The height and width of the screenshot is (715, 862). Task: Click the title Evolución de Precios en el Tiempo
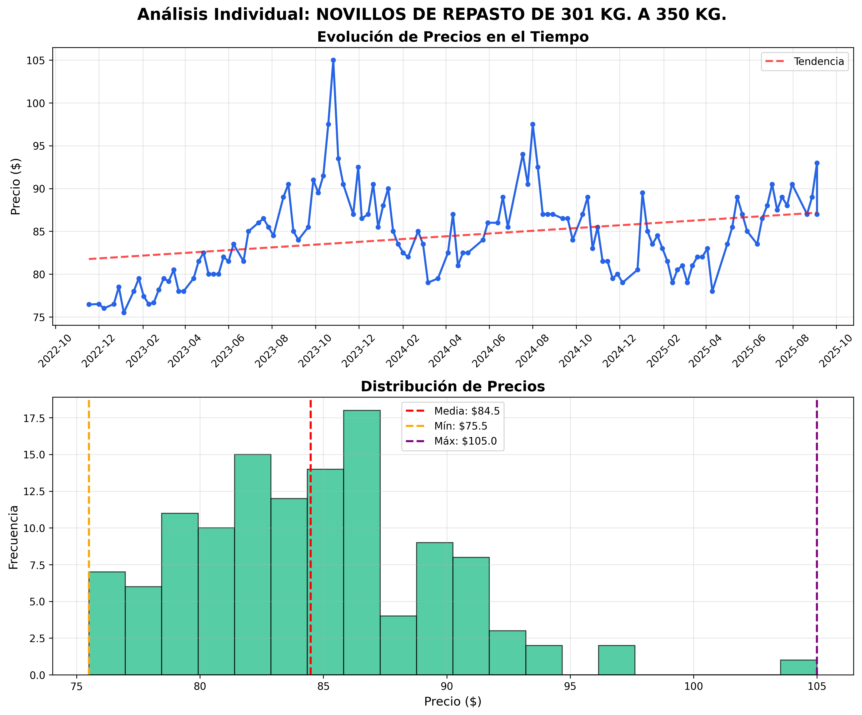coord(453,37)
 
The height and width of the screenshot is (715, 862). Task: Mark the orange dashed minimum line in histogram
coord(89,492)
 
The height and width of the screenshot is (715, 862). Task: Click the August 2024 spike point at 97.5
coord(532,124)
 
